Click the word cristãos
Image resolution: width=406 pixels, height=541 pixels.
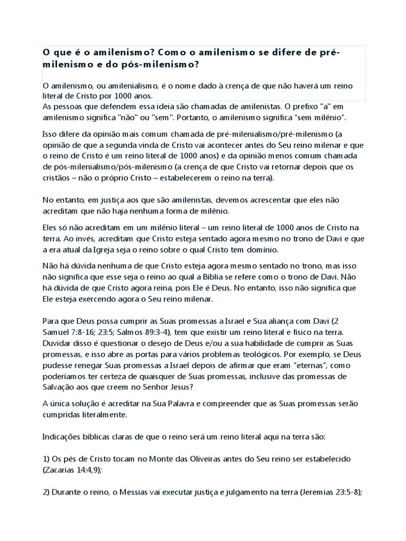(57, 178)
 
